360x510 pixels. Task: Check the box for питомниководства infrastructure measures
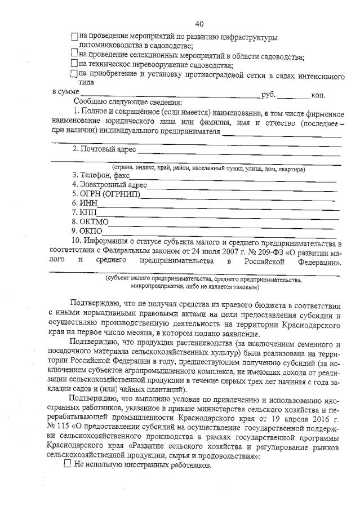pyautogui.click(x=75, y=37)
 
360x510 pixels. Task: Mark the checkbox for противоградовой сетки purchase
pyautogui.click(x=75, y=73)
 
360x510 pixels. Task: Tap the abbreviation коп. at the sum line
pyautogui.click(x=319, y=95)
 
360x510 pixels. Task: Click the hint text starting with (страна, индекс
pyautogui.click(x=208, y=168)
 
